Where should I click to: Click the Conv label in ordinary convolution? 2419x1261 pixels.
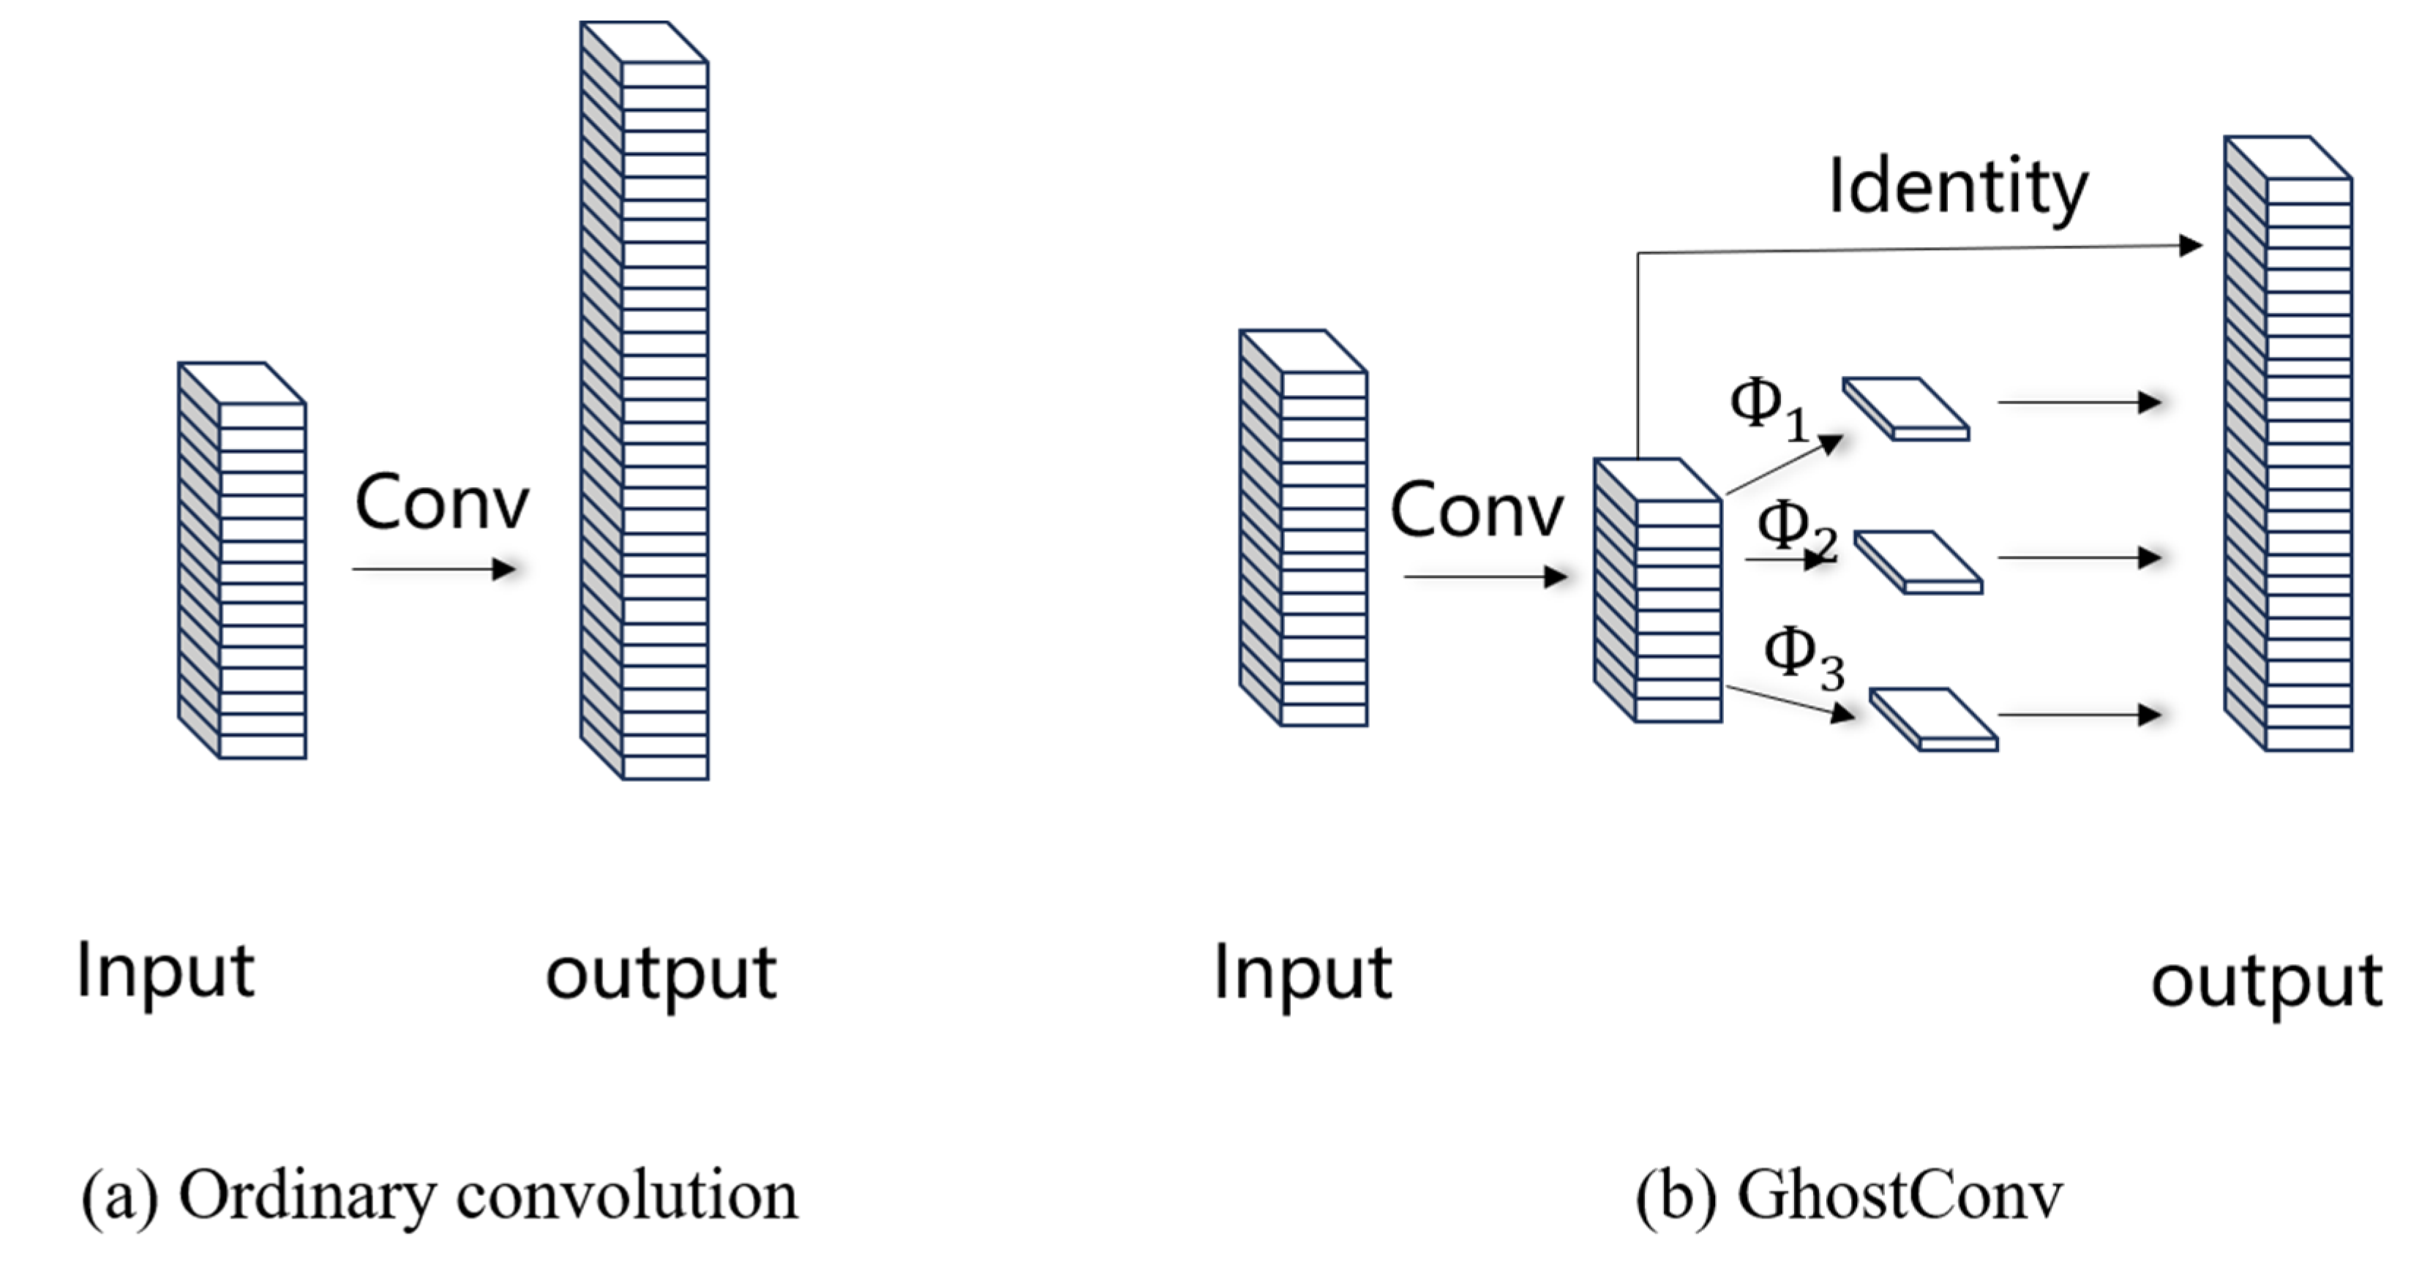pyautogui.click(x=441, y=503)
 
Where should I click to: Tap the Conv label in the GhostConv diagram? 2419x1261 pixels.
pyautogui.click(x=1476, y=510)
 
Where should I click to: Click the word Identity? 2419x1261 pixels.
pyautogui.click(x=1958, y=188)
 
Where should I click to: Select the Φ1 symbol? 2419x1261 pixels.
pyautogui.click(x=1767, y=410)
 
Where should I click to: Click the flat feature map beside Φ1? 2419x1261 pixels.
pyautogui.click(x=1906, y=408)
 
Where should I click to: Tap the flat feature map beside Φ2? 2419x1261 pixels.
pyautogui.click(x=1919, y=562)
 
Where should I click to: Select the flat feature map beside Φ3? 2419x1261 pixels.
pyautogui.click(x=1933, y=719)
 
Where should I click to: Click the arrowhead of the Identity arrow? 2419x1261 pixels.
pyautogui.click(x=2190, y=246)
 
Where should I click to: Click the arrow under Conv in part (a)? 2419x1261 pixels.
pyautogui.click(x=434, y=569)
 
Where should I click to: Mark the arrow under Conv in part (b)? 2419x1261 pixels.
pyautogui.click(x=1485, y=576)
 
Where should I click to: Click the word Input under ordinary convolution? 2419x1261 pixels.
pyautogui.click(x=165, y=972)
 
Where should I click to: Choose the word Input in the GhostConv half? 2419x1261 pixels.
pyautogui.click(x=1302, y=974)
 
